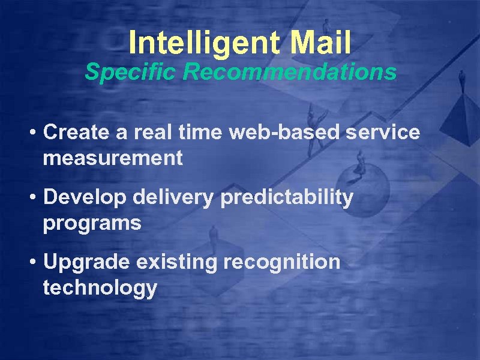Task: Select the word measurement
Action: [112, 158]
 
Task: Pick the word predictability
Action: [287, 197]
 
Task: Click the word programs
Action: [92, 224]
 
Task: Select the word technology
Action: [100, 289]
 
